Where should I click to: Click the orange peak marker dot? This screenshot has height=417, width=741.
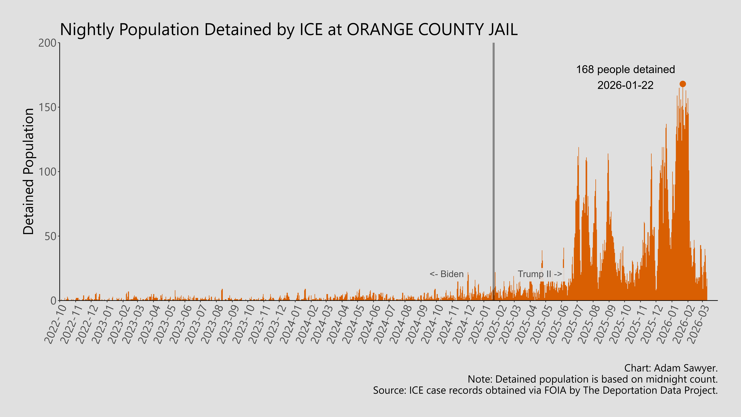click(683, 84)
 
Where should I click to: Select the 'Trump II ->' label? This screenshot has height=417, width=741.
click(540, 274)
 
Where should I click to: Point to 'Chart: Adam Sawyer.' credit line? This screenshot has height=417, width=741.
click(671, 368)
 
